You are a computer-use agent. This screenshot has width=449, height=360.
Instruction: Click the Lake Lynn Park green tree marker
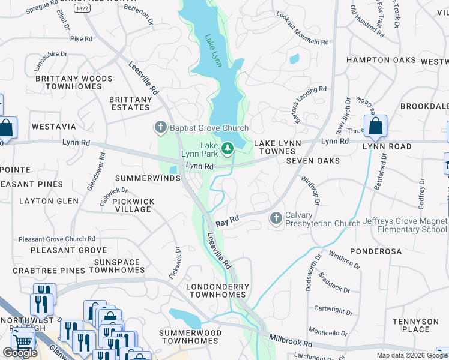pyautogui.click(x=228, y=148)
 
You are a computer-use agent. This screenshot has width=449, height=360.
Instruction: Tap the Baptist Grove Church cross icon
pyautogui.click(x=160, y=127)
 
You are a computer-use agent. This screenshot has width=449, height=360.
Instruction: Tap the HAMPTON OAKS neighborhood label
pyautogui.click(x=381, y=60)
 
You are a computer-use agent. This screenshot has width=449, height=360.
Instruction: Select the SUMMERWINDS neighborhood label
pyautogui.click(x=148, y=178)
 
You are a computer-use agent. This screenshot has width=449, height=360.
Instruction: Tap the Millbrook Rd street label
pyautogui.click(x=291, y=342)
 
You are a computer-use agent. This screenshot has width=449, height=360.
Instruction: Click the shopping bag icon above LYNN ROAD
pyautogui.click(x=375, y=127)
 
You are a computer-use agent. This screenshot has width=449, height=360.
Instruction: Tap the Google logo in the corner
pyautogui.click(x=20, y=353)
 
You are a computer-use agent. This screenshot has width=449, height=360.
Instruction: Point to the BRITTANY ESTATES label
pyautogui.click(x=130, y=103)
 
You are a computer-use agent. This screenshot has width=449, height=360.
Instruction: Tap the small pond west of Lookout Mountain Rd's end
pyautogui.click(x=294, y=59)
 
